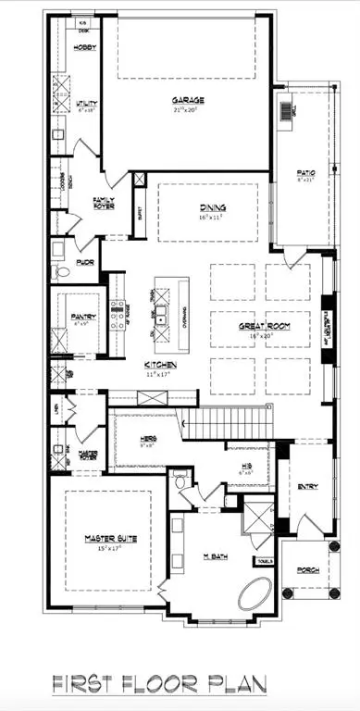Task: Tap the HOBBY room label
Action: pyautogui.click(x=85, y=46)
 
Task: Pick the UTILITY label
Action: pyautogui.click(x=87, y=106)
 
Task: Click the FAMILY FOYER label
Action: pyautogui.click(x=103, y=202)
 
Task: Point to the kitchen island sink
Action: pyautogui.click(x=160, y=318)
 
